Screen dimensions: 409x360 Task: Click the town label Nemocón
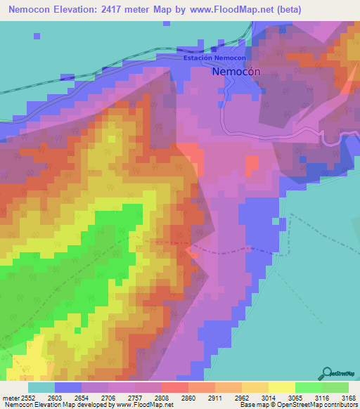(236, 71)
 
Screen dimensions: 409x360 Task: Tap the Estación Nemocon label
(214, 58)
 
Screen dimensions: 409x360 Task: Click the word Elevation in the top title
(76, 10)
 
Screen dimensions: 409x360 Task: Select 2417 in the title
(119, 10)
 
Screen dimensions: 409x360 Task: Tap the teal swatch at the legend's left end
(41, 387)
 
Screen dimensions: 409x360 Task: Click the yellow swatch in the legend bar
(281, 387)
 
